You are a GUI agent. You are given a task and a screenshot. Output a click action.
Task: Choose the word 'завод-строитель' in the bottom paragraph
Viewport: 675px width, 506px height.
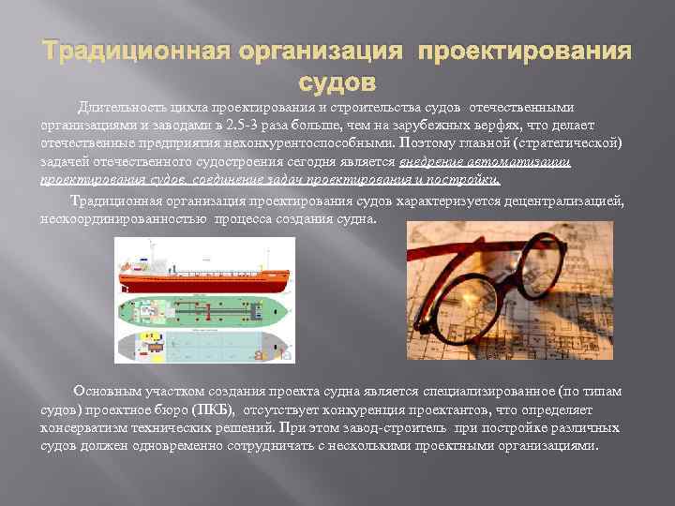400,428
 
